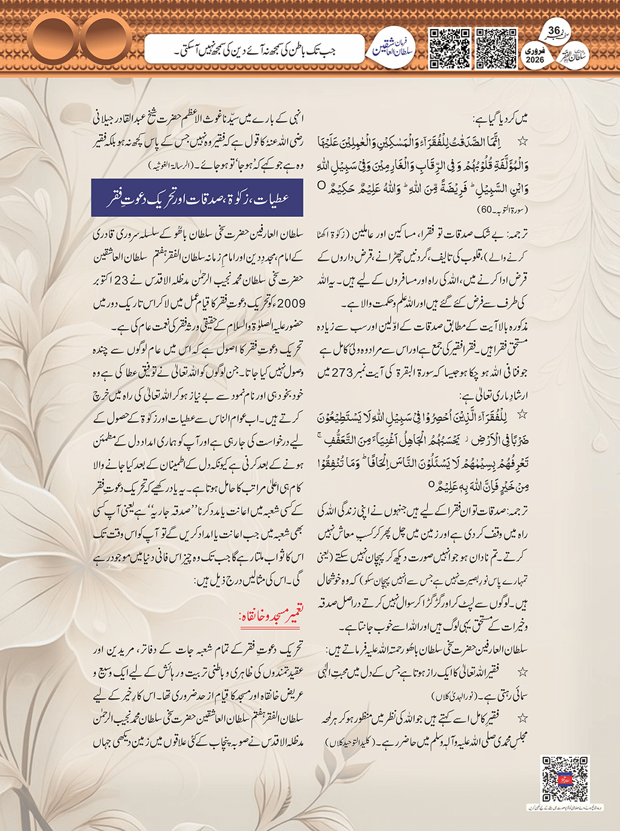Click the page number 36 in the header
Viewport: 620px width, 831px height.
[x=554, y=31]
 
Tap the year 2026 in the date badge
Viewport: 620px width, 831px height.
[x=535, y=59]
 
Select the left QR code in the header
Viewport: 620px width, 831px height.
[x=449, y=48]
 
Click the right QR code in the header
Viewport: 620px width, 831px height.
[x=496, y=48]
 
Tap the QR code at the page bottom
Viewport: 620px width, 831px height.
[x=564, y=778]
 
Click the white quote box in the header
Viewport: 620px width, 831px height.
[x=254, y=51]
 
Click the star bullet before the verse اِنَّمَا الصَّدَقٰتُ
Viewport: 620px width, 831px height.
[x=523, y=141]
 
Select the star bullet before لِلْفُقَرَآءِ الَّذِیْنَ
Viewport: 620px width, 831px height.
[x=523, y=416]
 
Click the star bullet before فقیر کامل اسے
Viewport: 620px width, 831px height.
[x=523, y=718]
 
